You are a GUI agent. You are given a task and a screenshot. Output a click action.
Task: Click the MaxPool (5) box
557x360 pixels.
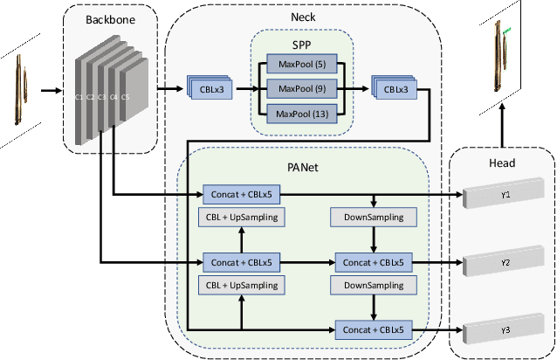(x=298, y=64)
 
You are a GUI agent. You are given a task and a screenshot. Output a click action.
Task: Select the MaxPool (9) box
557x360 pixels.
(x=298, y=88)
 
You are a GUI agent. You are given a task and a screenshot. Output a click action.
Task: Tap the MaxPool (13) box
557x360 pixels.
(x=298, y=114)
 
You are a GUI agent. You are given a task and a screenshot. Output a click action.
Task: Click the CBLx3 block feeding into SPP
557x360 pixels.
(x=211, y=88)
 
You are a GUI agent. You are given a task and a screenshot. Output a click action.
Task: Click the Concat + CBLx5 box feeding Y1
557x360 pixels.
(x=241, y=193)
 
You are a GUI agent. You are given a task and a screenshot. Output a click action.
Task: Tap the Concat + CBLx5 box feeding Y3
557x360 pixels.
(x=374, y=329)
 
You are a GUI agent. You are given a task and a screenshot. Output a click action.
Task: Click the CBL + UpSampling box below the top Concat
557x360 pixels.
(x=241, y=216)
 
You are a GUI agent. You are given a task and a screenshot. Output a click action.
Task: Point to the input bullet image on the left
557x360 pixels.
(x=20, y=88)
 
